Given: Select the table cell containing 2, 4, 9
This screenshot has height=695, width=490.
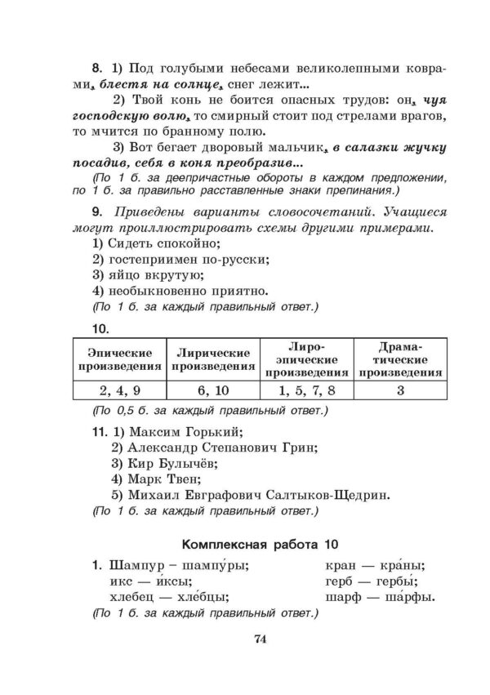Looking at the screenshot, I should pos(119,390).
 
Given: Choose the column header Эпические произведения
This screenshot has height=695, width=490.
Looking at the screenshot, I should pos(119,359).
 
